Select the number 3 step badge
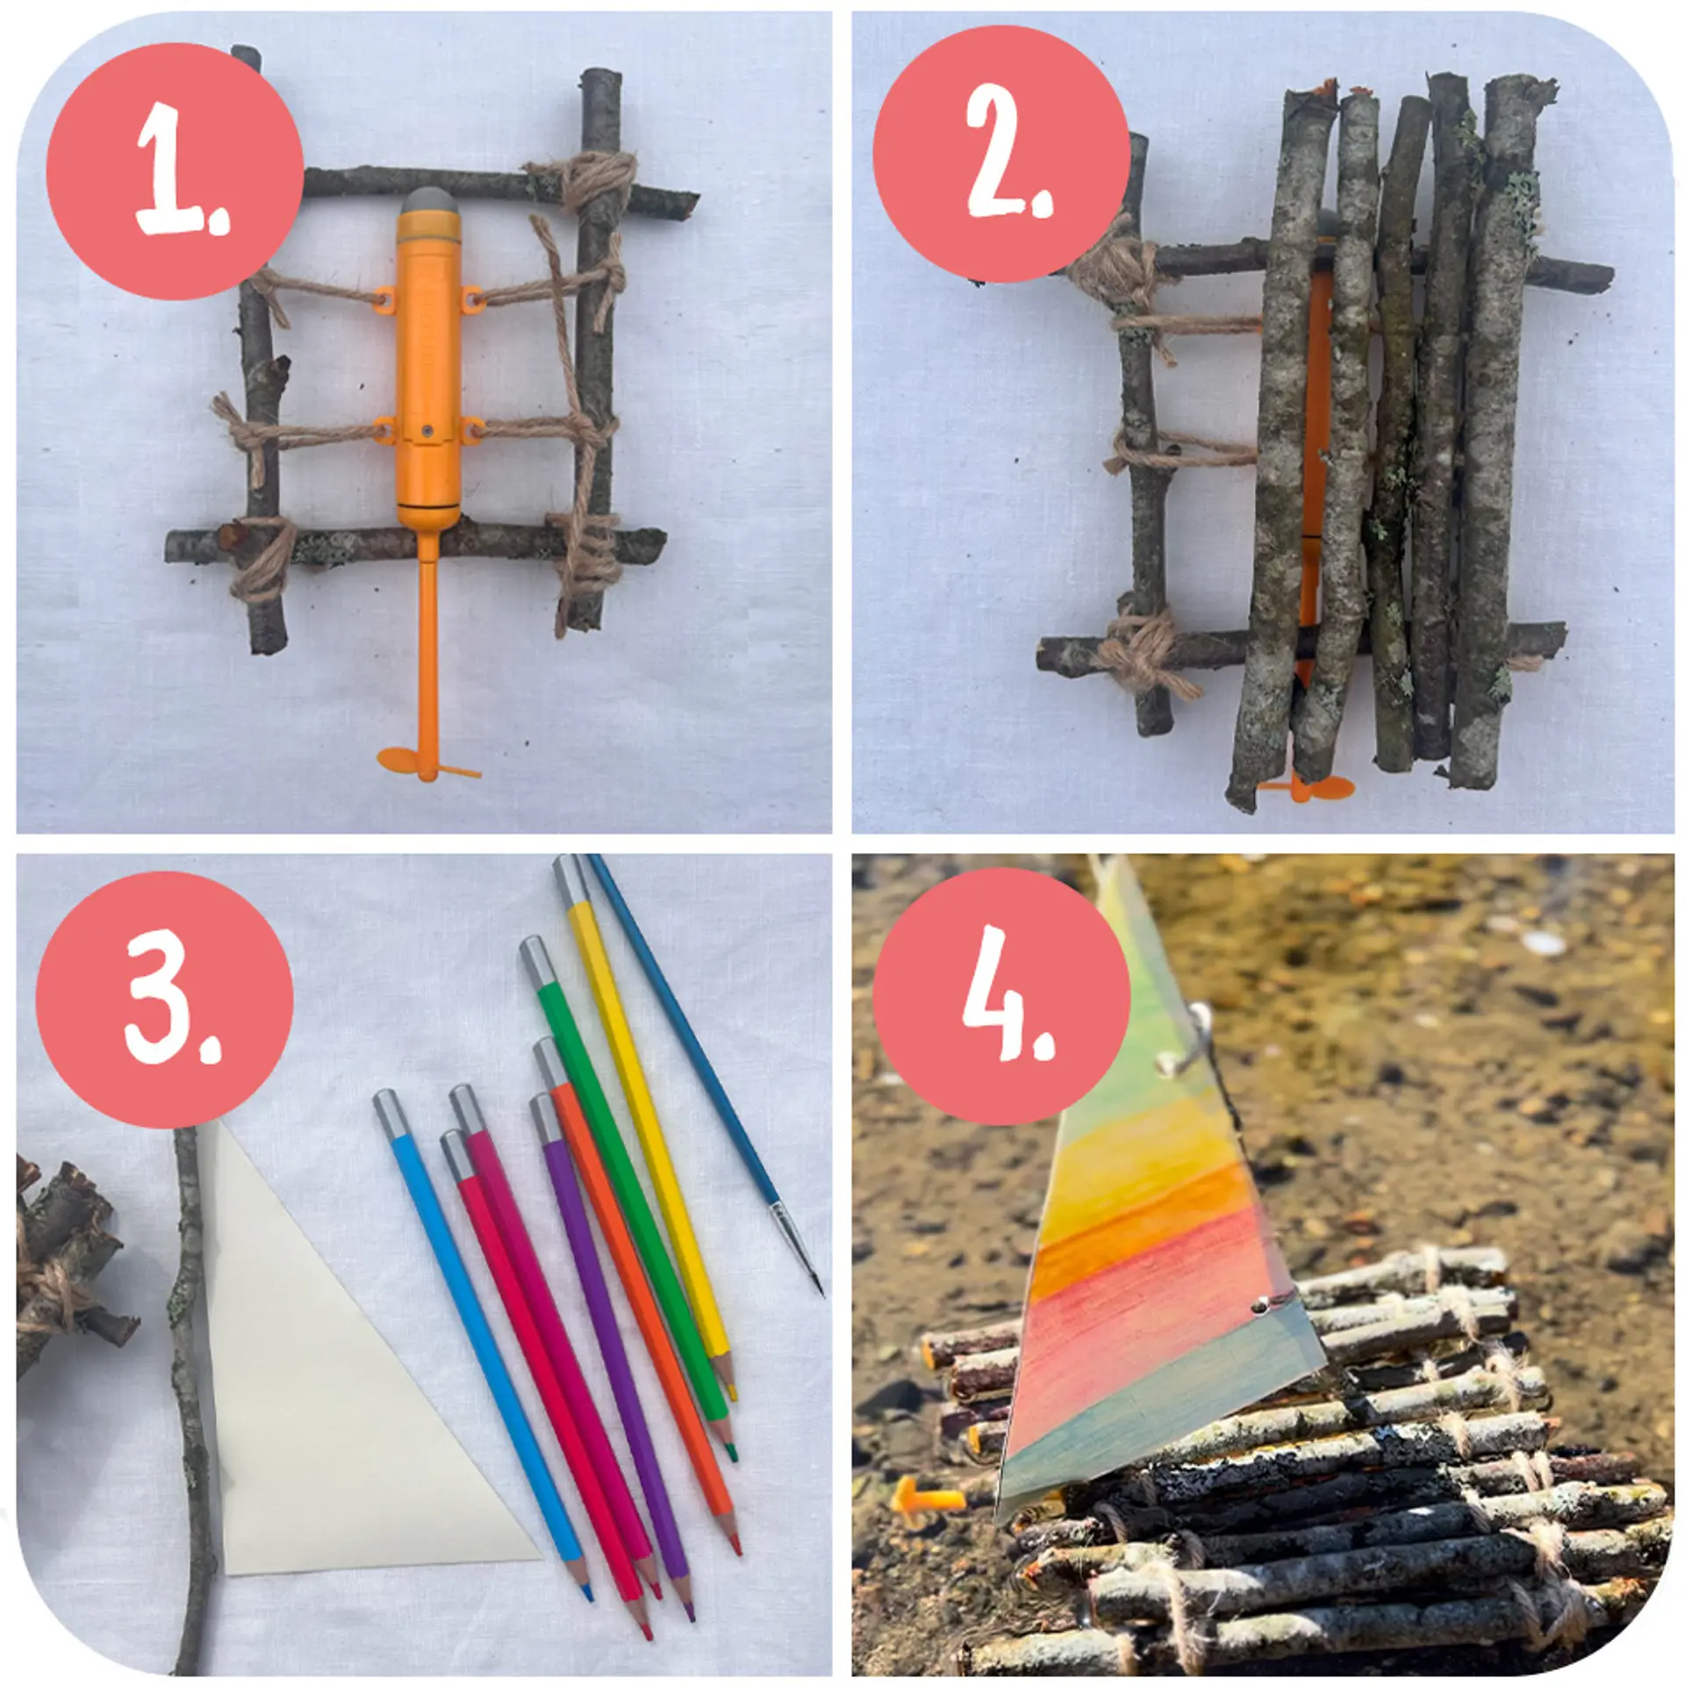[165, 1000]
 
